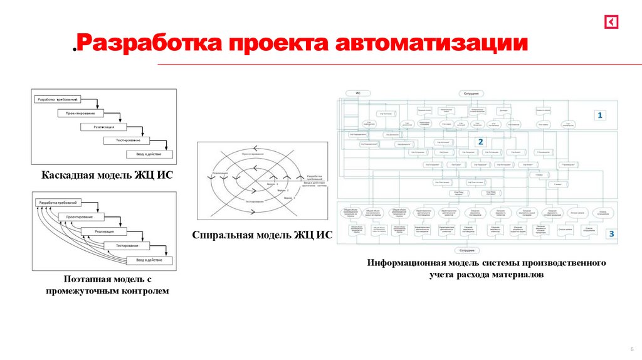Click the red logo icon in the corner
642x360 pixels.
611,22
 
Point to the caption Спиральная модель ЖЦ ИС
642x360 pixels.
262,235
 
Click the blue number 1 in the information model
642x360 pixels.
600,115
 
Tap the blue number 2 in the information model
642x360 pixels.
481,141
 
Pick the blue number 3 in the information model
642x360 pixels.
612,233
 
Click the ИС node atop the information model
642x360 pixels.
358,93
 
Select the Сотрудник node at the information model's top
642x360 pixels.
471,93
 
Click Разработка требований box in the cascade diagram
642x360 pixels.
58,100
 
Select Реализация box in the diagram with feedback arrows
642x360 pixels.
104,231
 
